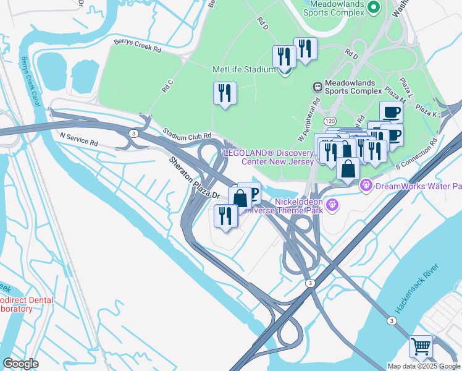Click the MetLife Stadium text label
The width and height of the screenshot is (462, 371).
pos(243,69)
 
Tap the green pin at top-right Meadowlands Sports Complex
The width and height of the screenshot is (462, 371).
pos(372,7)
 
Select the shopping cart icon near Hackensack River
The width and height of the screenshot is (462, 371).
pos(421,346)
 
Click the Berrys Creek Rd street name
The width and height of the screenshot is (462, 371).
pos(137,46)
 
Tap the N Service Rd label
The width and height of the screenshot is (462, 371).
pos(78,138)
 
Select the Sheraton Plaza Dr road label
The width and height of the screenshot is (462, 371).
pos(195,177)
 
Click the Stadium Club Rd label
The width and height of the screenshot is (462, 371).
pos(187,134)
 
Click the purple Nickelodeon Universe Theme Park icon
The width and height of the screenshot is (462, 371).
pos(332,203)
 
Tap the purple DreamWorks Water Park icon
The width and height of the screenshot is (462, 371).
pos(366,184)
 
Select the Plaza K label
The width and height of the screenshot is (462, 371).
pos(426,111)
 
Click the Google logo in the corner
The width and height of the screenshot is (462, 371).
pos(20,363)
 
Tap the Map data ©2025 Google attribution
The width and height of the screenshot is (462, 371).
pos(424,366)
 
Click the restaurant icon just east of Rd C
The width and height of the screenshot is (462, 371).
pos(224,93)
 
